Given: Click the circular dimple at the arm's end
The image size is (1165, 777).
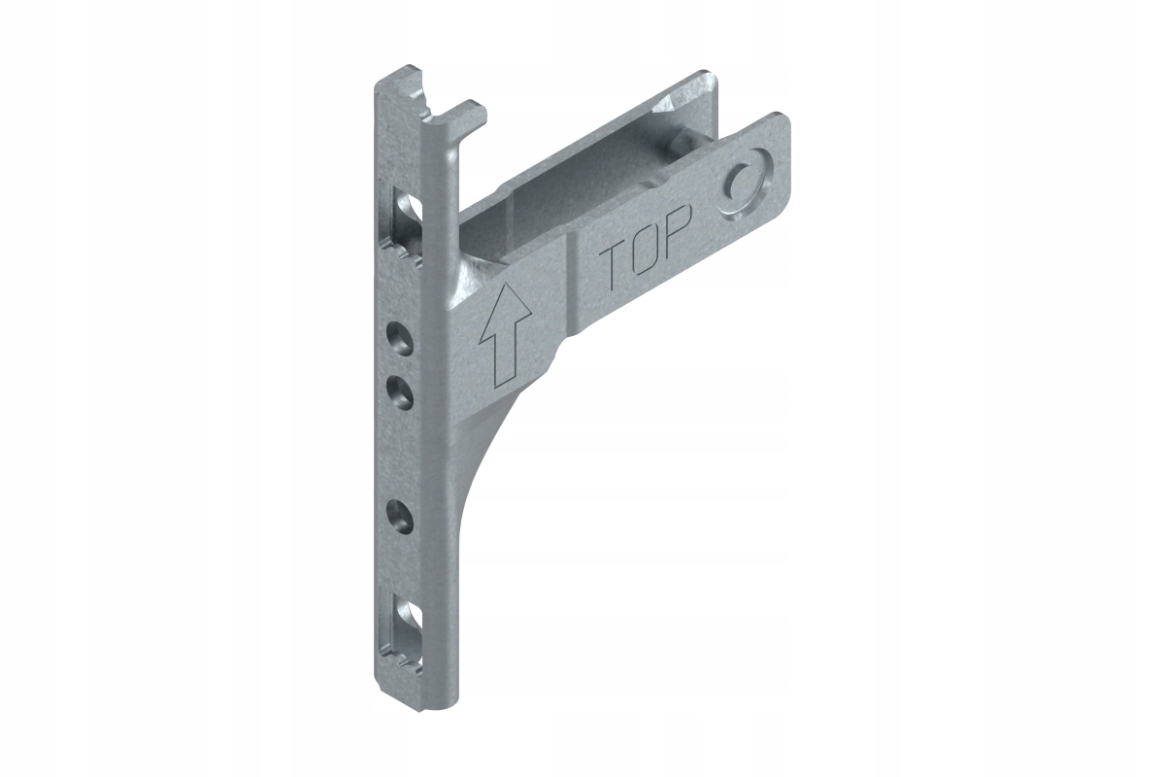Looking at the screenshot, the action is coord(745,189).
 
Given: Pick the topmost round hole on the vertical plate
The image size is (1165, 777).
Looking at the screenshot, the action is coord(400,339).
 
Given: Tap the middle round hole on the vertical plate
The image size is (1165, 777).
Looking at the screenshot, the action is coord(400,391).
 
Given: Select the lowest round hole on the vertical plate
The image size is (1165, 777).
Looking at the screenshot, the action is coord(400,517).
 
